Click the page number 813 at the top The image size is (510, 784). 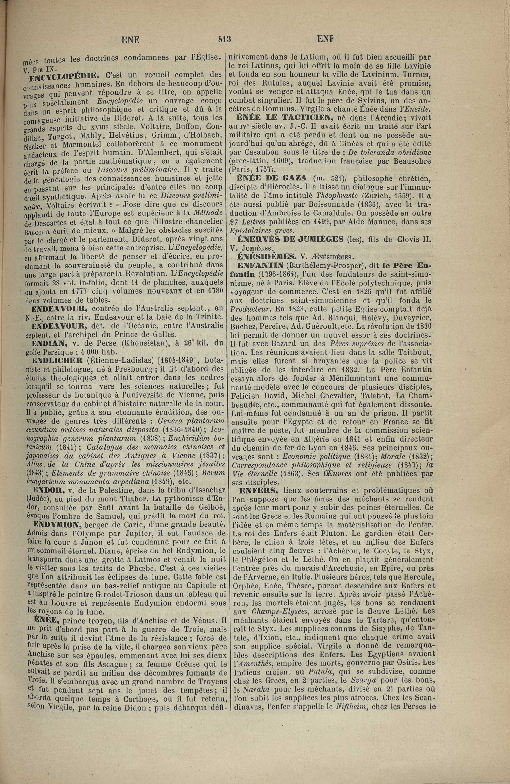(224, 39)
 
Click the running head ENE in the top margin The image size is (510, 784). (130, 40)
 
